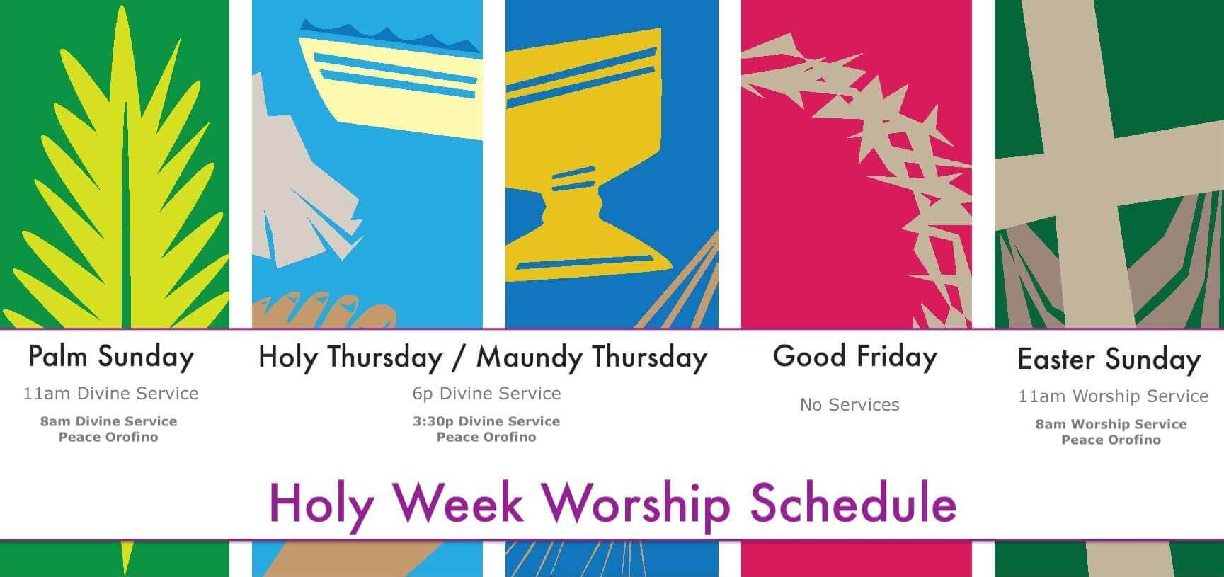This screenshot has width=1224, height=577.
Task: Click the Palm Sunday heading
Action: [111, 357]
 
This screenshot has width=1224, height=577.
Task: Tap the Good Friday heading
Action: [855, 357]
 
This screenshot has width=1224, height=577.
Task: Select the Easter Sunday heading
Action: [1109, 360]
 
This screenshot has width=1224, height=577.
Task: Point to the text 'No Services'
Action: [850, 405]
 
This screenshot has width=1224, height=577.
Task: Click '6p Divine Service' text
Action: [486, 394]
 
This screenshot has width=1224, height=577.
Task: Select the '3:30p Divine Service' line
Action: [486, 421]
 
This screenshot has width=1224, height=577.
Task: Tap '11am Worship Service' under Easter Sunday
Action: [1113, 396]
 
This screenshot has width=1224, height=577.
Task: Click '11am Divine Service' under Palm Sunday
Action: [110, 394]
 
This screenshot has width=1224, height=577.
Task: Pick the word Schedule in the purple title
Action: [853, 504]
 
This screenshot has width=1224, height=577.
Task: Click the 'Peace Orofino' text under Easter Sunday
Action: [1111, 440]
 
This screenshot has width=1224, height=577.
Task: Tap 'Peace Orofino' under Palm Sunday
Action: [108, 437]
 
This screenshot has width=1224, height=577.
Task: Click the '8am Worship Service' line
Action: [1111, 424]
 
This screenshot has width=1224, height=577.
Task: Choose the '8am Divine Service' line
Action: [108, 421]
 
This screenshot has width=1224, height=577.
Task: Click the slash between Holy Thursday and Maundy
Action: [460, 358]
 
